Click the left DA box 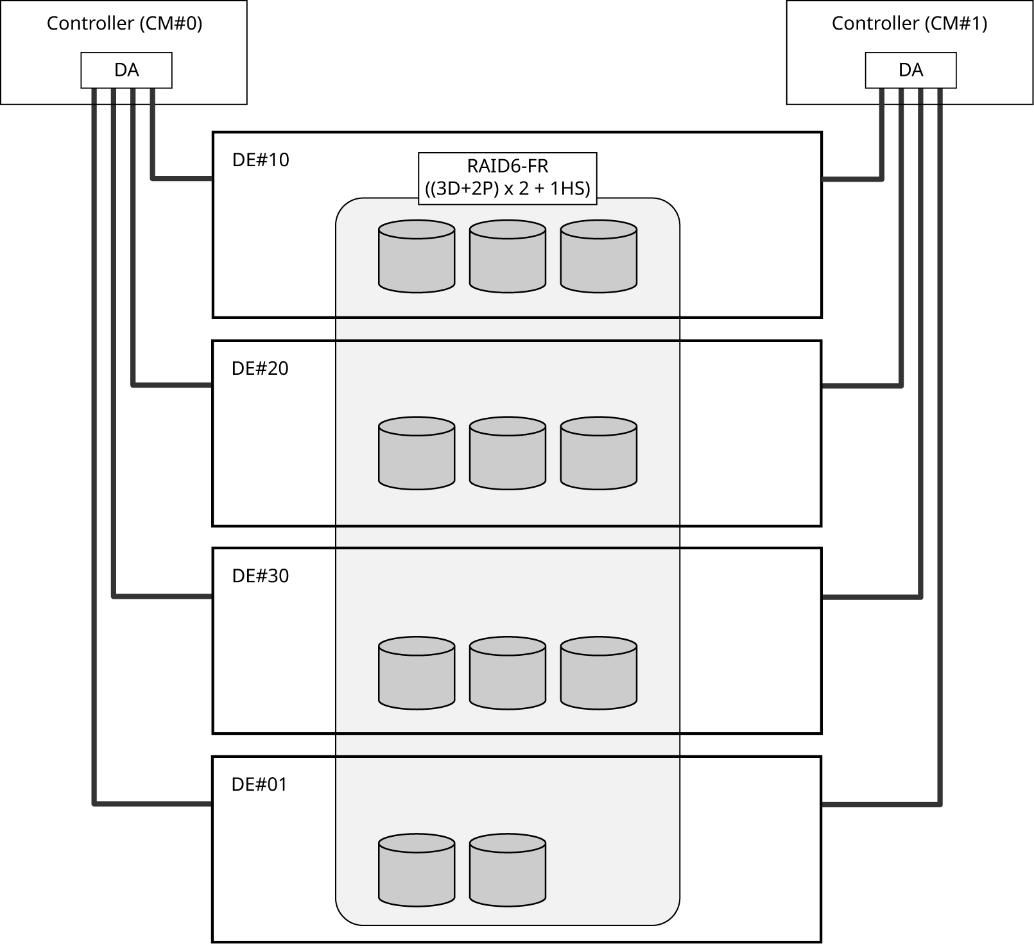coord(126,70)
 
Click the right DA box coord(910,70)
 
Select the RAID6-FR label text coord(507,166)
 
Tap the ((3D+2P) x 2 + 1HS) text coord(507,189)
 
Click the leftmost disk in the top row coord(417,257)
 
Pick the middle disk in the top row coord(508,257)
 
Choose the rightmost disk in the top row coord(598,257)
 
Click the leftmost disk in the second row coord(417,453)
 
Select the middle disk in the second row coord(508,453)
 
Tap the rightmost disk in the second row coord(598,453)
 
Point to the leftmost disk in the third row coord(417,673)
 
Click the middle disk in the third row coord(508,673)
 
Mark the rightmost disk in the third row coord(598,673)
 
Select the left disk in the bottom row coord(417,870)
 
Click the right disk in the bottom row coord(508,870)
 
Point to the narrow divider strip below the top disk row coord(507,329)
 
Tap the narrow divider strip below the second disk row coord(507,537)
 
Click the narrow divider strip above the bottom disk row coord(507,745)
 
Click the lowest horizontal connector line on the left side coord(154,803)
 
